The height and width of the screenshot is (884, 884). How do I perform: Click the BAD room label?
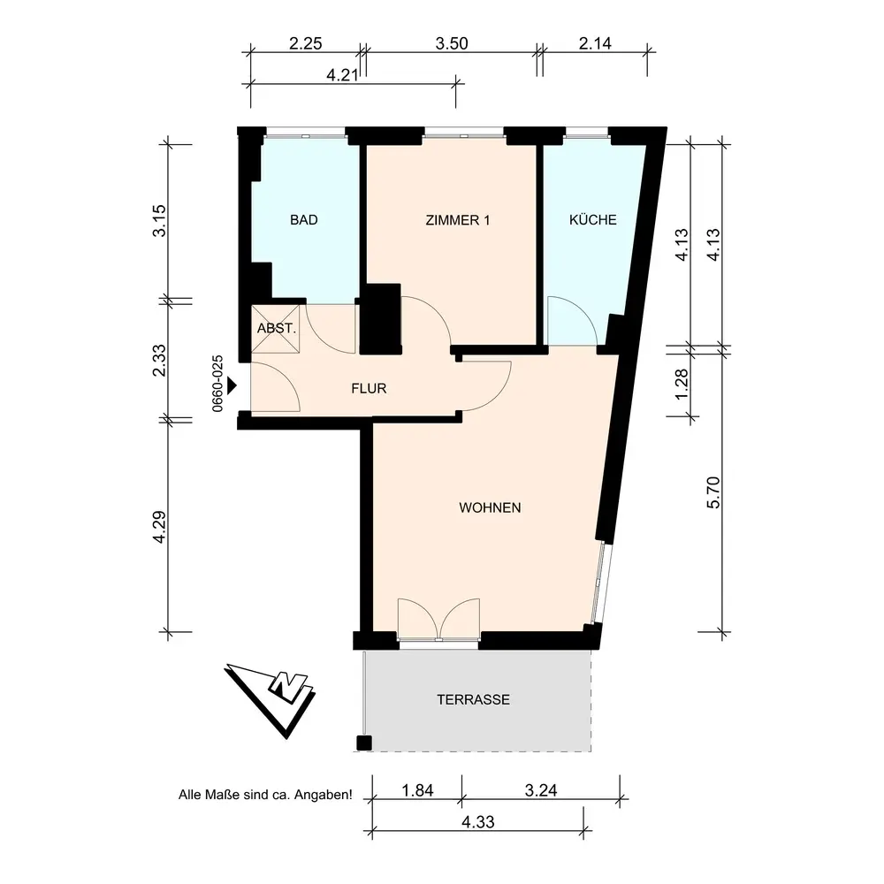tap(304, 220)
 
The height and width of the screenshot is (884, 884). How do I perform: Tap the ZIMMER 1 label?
tap(457, 220)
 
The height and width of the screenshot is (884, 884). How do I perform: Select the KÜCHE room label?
tap(592, 219)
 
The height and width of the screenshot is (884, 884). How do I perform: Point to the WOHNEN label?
tap(490, 507)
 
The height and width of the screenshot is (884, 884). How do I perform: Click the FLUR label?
tap(369, 388)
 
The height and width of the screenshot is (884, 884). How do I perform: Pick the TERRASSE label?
tap(474, 699)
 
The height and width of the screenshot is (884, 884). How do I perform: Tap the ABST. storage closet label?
tap(276, 328)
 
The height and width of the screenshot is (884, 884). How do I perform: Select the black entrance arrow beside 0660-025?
tap(232, 386)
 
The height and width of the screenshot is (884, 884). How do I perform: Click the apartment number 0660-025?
tap(217, 384)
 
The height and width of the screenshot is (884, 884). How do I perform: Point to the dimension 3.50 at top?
tap(452, 43)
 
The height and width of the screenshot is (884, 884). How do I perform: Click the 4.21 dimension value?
tap(342, 75)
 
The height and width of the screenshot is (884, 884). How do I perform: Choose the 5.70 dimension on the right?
tap(713, 492)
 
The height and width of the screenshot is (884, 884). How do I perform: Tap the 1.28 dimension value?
tap(682, 384)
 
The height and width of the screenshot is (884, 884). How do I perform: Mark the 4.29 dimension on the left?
tap(159, 527)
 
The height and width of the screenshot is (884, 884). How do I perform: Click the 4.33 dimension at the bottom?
tap(478, 822)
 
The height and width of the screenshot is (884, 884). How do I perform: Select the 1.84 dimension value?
tap(417, 790)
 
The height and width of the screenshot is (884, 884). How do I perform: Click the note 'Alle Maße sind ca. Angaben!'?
tap(265, 795)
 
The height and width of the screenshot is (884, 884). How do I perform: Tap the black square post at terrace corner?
tap(364, 743)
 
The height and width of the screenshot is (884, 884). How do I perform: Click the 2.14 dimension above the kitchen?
tap(595, 43)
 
